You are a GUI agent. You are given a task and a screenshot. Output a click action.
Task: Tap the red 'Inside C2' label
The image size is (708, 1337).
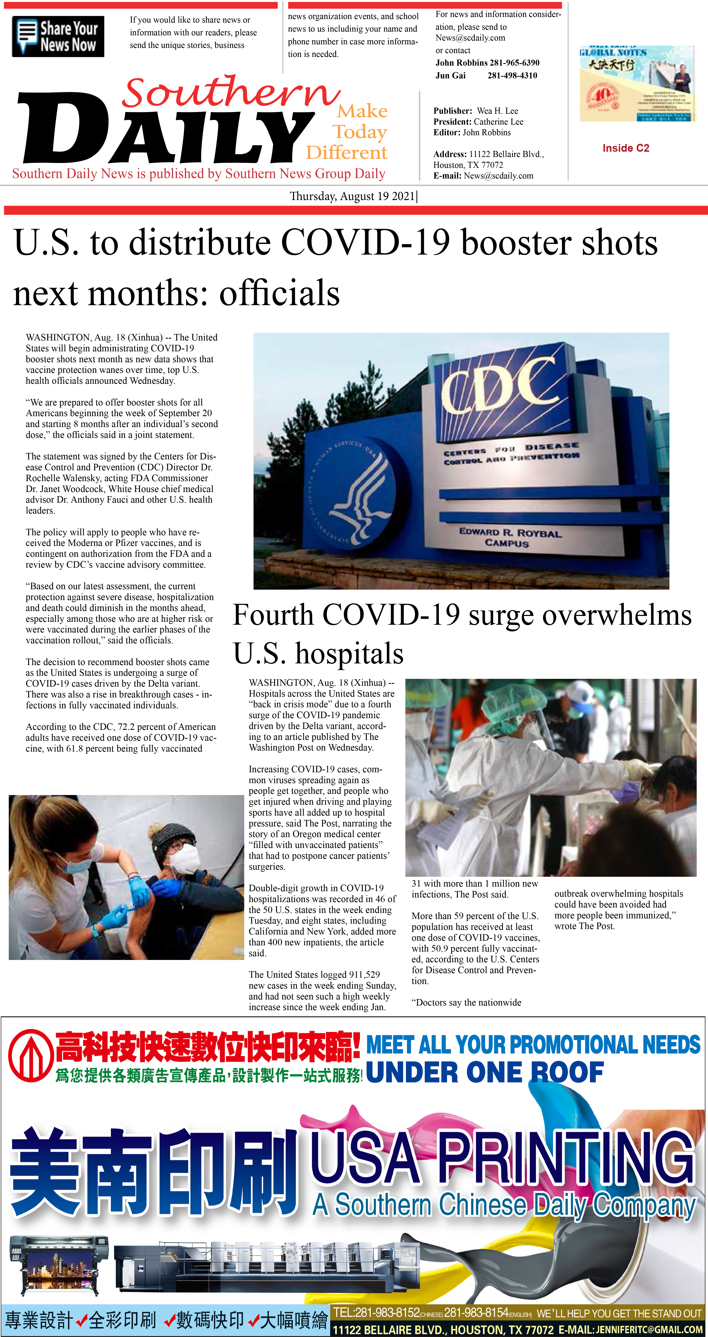[626, 148]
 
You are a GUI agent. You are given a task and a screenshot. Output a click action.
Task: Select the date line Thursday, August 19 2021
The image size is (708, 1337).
[353, 196]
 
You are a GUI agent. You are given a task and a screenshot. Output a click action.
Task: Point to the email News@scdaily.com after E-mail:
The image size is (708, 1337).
[499, 176]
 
